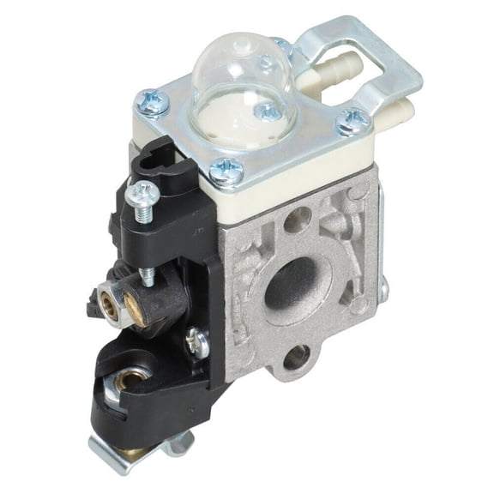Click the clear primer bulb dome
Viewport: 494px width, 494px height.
(x=232, y=73)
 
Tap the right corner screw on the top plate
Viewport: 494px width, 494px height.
(x=351, y=121)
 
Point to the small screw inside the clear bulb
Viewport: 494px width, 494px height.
(x=269, y=110)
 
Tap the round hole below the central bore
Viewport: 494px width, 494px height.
(x=295, y=357)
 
